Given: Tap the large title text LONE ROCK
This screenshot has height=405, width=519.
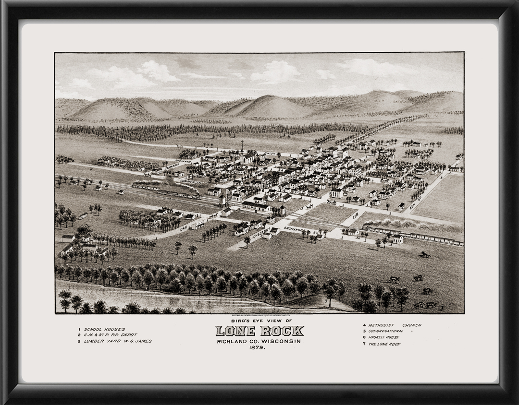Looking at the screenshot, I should [259, 331].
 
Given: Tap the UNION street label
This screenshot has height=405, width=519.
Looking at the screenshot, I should [270, 154].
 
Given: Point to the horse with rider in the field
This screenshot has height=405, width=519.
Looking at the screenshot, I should [424, 254].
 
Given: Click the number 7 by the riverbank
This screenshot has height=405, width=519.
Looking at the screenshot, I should [326, 301].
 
